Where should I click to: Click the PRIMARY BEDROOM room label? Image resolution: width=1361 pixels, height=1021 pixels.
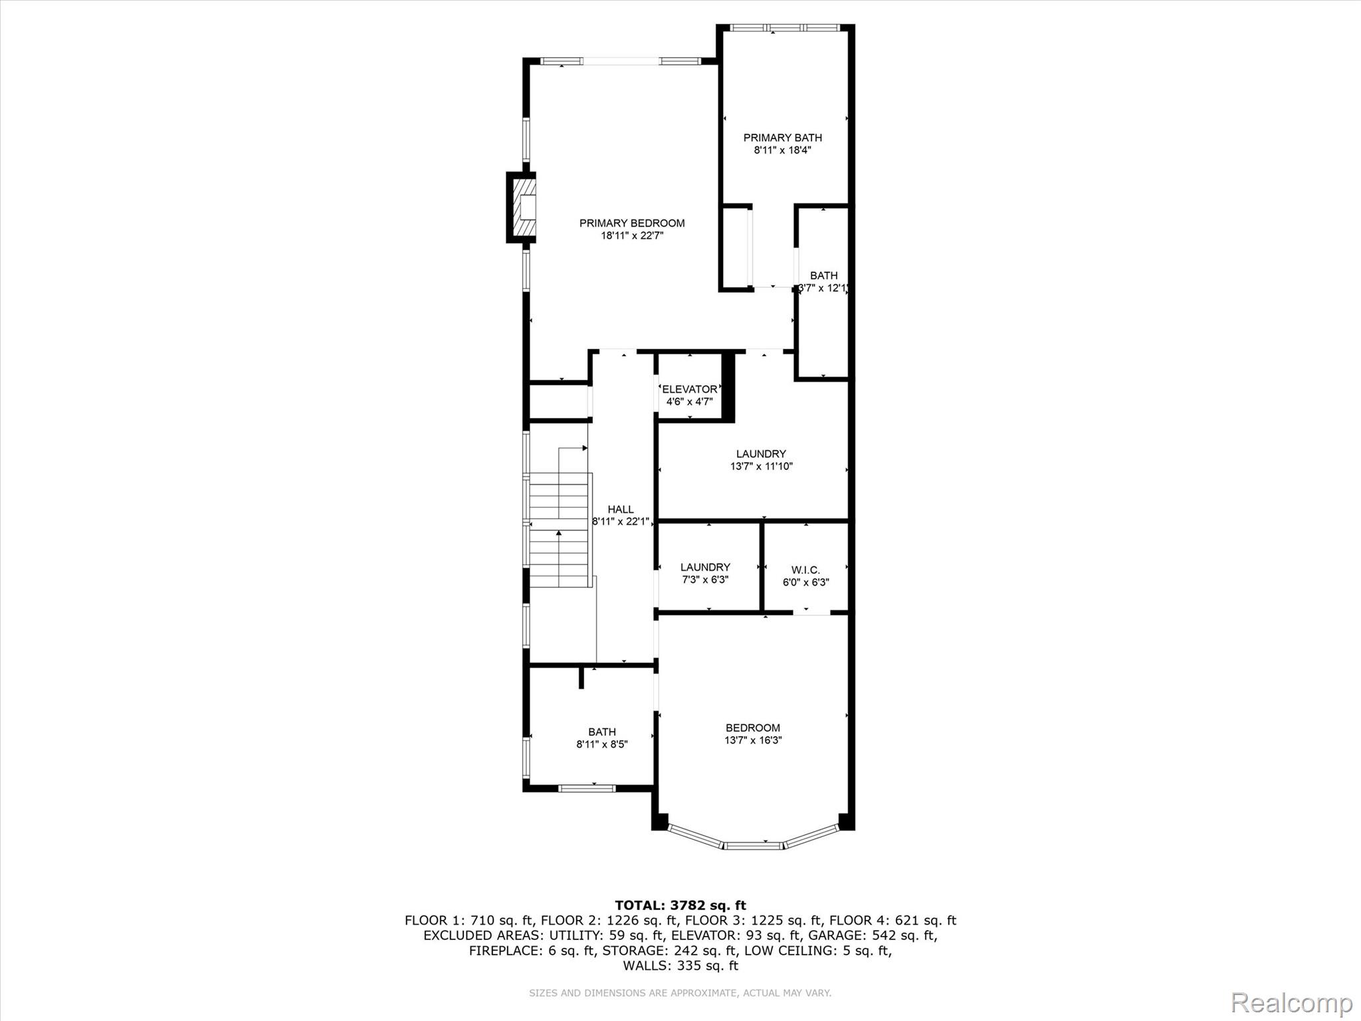631,223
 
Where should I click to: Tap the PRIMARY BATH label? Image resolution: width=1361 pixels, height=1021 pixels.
782,138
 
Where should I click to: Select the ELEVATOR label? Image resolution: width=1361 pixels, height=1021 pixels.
689,389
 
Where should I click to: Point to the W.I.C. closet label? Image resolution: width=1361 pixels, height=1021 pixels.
805,570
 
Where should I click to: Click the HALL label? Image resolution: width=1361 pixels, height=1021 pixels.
620,509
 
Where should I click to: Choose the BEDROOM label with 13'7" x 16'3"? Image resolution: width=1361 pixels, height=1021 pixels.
752,728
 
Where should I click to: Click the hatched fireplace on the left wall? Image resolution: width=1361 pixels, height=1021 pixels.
522,207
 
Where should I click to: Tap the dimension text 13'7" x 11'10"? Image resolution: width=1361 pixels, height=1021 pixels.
761,467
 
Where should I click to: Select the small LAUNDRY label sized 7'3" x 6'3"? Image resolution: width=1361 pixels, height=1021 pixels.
705,567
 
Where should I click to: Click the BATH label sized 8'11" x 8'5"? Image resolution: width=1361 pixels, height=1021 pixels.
601,732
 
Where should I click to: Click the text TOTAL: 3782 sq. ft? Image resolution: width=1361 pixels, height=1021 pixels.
680,905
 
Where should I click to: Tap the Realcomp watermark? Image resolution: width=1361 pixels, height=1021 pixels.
1291,1002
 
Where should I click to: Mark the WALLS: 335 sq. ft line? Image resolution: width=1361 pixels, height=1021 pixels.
680,965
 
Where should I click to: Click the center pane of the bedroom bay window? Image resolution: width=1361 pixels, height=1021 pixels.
752,846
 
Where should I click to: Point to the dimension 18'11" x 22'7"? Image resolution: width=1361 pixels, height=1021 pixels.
631,236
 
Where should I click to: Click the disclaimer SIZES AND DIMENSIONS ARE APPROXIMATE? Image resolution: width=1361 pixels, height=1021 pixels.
680,993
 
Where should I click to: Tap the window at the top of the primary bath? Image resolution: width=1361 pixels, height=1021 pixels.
785,28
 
